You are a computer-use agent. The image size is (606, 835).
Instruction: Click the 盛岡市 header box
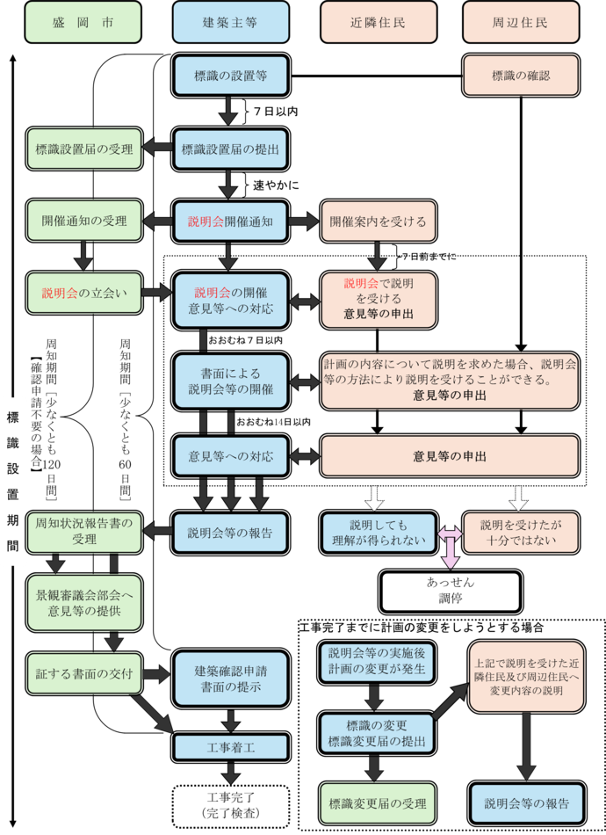(83, 23)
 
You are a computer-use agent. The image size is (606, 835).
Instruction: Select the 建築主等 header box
(230, 23)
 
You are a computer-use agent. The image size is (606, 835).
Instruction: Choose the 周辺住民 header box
(521, 23)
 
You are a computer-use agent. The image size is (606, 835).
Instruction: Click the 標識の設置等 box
(230, 76)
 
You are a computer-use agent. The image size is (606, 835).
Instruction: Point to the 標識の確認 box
(521, 76)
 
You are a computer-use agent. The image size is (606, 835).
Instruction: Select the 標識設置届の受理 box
(83, 149)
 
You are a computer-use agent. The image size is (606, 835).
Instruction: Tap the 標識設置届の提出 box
(230, 149)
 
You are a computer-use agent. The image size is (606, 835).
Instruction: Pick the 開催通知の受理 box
(83, 221)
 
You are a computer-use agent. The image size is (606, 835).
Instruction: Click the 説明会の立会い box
(83, 294)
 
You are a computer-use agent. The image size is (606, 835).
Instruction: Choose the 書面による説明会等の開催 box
(230, 381)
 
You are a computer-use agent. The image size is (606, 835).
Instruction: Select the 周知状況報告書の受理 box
(83, 531)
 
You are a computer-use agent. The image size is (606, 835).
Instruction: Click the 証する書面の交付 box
(83, 674)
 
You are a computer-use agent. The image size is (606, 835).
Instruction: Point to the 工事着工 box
(230, 747)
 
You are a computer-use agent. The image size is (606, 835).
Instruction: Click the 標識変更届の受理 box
(377, 803)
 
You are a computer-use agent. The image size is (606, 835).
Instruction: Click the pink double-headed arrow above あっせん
(450, 545)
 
